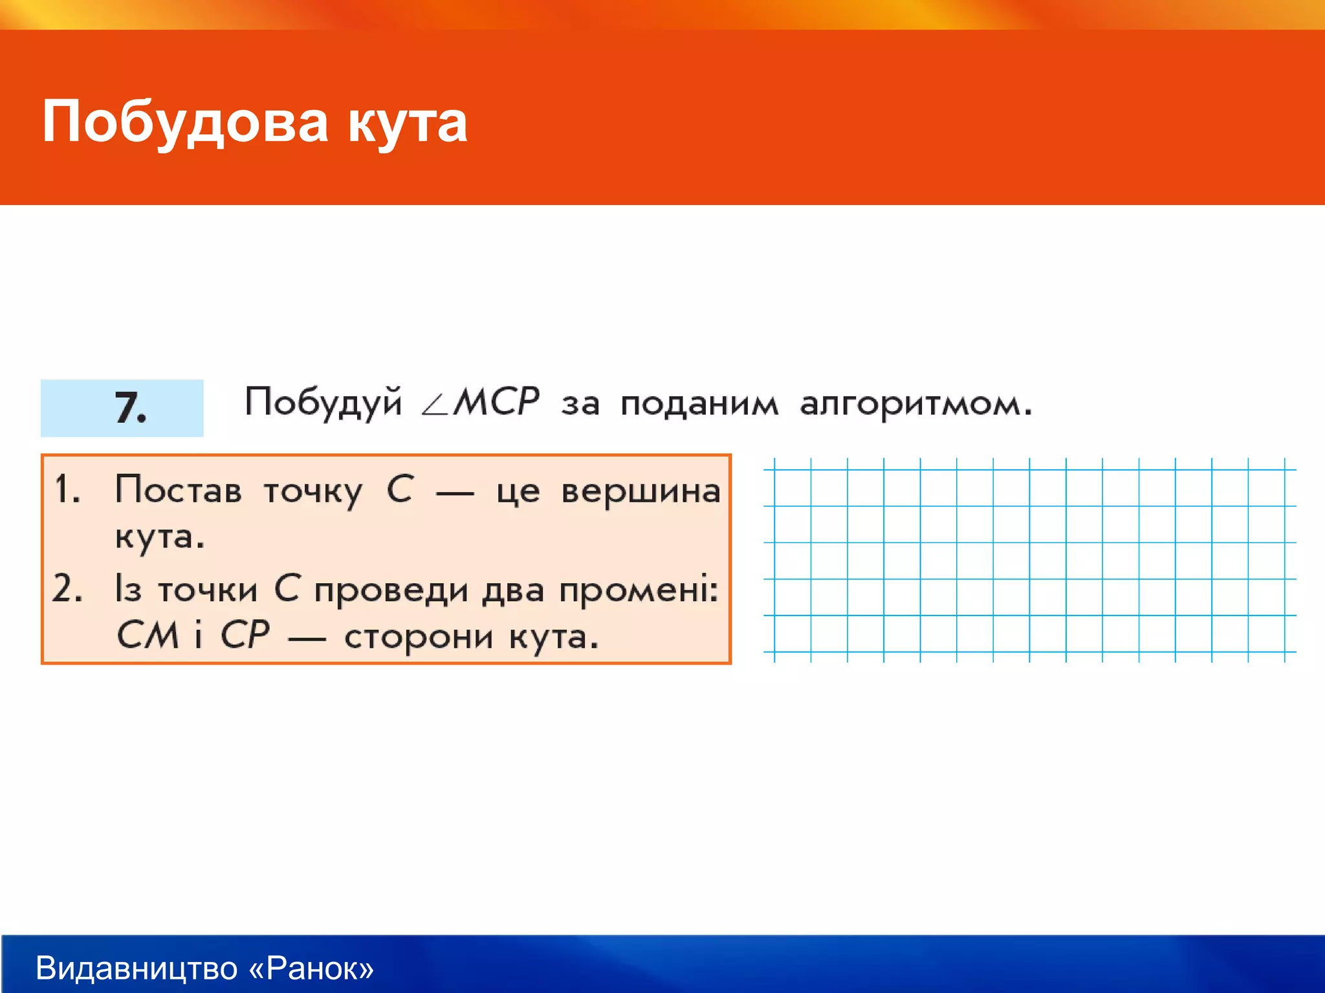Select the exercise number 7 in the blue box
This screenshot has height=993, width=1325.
(129, 408)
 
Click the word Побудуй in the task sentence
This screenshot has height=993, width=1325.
(323, 402)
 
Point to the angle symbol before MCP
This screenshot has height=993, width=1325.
(434, 405)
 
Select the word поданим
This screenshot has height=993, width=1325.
(699, 405)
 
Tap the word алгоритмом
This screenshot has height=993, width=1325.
(915, 405)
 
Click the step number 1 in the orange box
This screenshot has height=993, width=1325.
(67, 489)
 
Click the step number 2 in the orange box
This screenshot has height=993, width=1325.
(67, 589)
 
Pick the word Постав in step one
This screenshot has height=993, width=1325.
(179, 489)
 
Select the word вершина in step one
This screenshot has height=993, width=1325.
(641, 491)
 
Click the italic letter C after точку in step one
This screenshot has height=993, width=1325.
(400, 489)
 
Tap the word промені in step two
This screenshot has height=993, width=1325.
(638, 590)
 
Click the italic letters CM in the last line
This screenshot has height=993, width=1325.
(148, 635)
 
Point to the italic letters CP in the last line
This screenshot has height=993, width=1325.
(245, 635)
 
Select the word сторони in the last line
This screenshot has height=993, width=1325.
(419, 637)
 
